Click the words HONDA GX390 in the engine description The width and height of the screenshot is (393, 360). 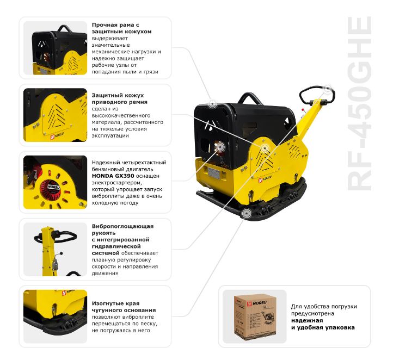coord(111,176)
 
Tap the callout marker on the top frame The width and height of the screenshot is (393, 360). coord(212,103)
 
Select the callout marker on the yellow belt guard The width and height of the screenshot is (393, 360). coord(265,147)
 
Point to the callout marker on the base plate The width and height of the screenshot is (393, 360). coord(247,214)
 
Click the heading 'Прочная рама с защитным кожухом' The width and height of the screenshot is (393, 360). coord(122,28)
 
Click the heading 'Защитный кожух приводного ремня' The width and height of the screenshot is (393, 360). coord(120,98)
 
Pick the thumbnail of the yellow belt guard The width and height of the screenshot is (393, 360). coord(55,116)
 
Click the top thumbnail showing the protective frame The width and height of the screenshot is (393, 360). coord(55,49)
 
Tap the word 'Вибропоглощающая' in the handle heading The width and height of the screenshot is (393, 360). coord(123,226)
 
